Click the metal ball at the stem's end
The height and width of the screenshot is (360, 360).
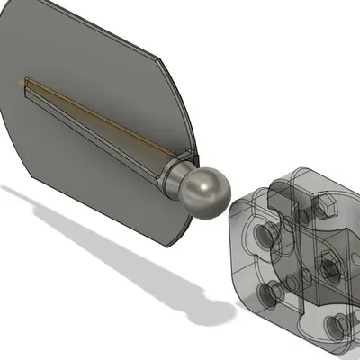click(x=203, y=191)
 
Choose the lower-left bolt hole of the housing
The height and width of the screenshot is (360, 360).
click(x=267, y=292)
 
